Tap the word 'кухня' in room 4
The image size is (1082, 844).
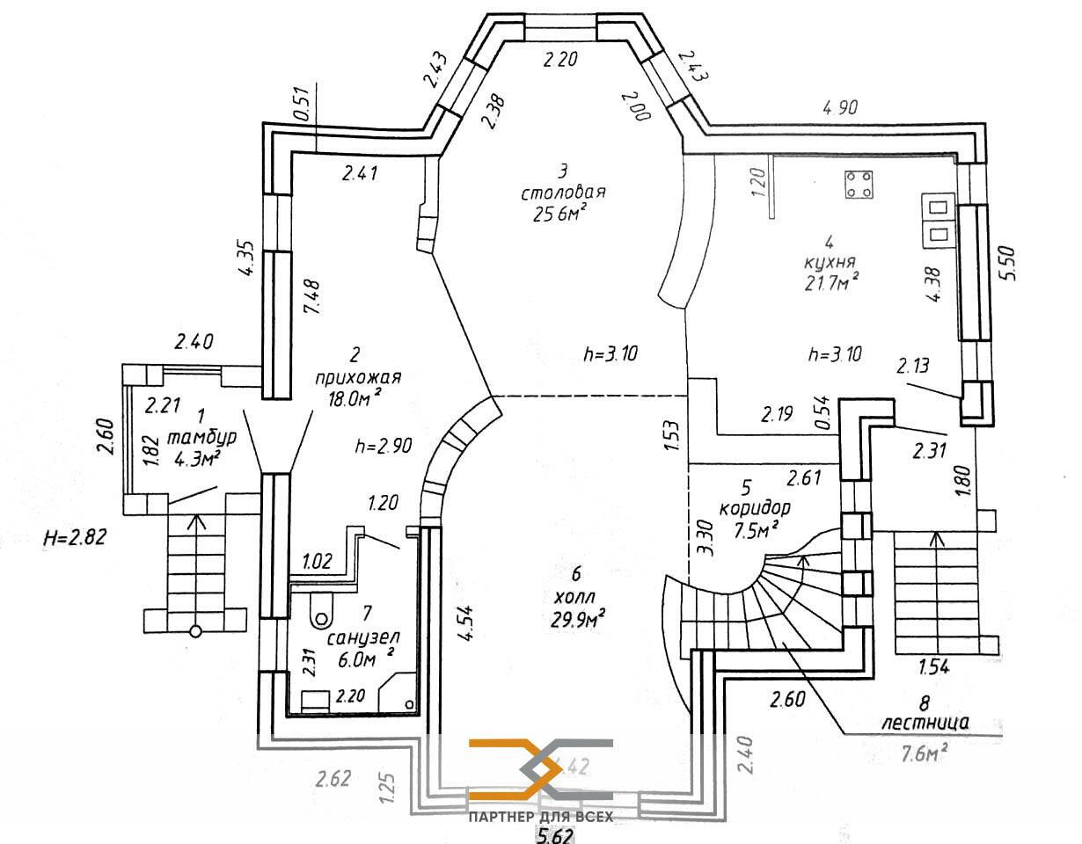pyautogui.click(x=830, y=262)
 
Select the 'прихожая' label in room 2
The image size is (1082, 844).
pyautogui.click(x=358, y=378)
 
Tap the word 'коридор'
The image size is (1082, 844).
pyautogui.click(x=754, y=508)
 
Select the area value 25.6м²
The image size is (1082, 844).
pyautogui.click(x=555, y=215)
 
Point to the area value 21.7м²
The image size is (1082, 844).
pyautogui.click(x=830, y=282)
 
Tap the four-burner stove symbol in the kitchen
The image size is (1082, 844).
pyautogui.click(x=859, y=184)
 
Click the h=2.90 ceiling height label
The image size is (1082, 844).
pyautogui.click(x=384, y=445)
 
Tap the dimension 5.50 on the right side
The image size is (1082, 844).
pyautogui.click(x=1008, y=263)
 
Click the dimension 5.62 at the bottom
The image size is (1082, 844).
pyautogui.click(x=555, y=834)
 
